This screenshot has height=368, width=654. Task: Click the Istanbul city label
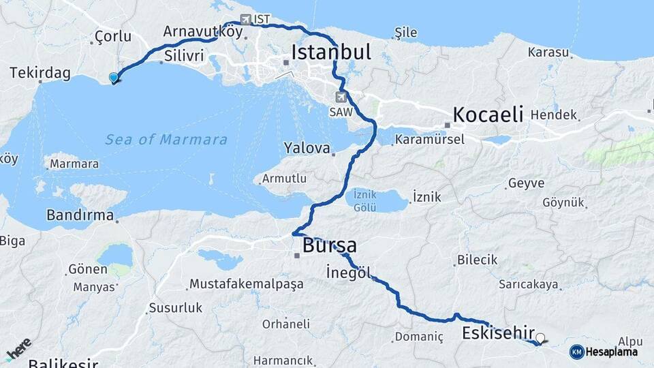point(331,52)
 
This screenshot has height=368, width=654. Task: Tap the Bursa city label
point(330,245)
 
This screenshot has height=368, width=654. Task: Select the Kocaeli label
point(488,114)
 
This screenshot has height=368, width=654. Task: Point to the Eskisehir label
point(497,333)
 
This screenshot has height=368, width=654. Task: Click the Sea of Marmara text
point(166,140)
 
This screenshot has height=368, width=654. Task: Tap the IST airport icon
point(245,20)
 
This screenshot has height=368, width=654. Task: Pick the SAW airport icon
point(341,97)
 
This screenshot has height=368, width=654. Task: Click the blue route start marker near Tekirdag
point(114,78)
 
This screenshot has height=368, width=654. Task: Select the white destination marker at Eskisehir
point(540,337)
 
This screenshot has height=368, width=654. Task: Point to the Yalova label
point(307,148)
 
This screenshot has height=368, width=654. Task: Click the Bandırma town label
point(80,215)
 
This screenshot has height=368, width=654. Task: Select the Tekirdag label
point(40,74)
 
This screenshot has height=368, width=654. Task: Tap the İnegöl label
point(348,272)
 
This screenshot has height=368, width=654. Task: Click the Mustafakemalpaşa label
point(246,283)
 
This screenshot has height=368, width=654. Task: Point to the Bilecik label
point(477,260)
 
